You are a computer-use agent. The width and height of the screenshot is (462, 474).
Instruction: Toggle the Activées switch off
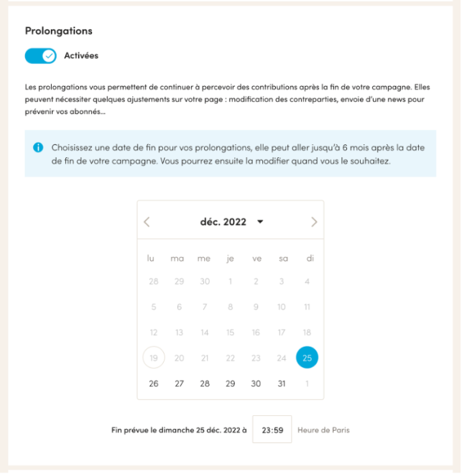40,55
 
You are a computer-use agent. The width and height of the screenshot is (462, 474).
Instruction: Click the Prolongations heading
59,31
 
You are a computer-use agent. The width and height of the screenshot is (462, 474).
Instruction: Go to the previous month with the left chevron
147,222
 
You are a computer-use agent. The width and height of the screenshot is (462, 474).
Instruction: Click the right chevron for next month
314,222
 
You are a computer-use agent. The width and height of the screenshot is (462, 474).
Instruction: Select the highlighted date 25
307,358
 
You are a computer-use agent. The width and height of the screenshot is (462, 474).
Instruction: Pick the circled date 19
153,358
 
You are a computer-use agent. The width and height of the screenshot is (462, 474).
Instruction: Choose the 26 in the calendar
153,384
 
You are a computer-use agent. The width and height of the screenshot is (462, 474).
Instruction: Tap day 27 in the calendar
179,384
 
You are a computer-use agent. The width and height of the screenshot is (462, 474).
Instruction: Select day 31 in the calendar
281,384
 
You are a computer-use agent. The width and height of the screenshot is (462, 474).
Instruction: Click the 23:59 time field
272,430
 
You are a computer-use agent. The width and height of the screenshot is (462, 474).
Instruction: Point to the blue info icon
39,147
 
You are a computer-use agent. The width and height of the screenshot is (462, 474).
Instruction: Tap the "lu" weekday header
151,259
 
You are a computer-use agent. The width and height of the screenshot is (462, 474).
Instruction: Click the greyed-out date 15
230,333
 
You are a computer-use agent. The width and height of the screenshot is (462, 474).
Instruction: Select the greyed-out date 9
256,307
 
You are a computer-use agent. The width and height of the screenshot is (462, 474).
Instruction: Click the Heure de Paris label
323,430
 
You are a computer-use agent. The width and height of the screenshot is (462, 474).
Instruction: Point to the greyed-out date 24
281,358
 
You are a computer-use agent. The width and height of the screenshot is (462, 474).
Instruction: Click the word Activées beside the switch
81,55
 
